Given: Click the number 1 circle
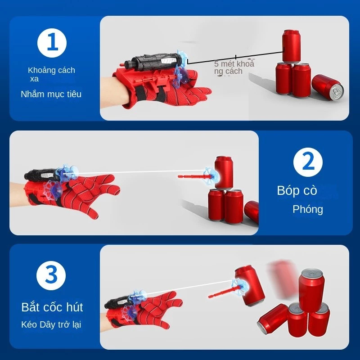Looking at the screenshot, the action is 52,43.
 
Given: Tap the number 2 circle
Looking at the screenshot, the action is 308,162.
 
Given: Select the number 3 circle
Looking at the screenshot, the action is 51,275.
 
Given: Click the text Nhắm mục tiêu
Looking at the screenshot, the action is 51,94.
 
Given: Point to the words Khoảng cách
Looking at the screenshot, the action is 51,70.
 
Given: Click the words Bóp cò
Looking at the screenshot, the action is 297,190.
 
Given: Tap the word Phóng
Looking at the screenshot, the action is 308,209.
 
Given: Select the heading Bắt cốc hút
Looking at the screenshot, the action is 52,307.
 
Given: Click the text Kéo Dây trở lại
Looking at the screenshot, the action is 51,324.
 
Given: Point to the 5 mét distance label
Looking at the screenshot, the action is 234,67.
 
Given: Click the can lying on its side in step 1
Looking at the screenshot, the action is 328,87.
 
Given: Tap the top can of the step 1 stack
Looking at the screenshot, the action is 291,46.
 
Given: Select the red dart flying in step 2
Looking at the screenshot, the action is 195,176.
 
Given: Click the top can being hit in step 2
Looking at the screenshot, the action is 224,172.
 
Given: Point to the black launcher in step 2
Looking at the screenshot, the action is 41,175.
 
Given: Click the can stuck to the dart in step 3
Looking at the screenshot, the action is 250,286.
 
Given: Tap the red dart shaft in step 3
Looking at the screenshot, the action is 224,292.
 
